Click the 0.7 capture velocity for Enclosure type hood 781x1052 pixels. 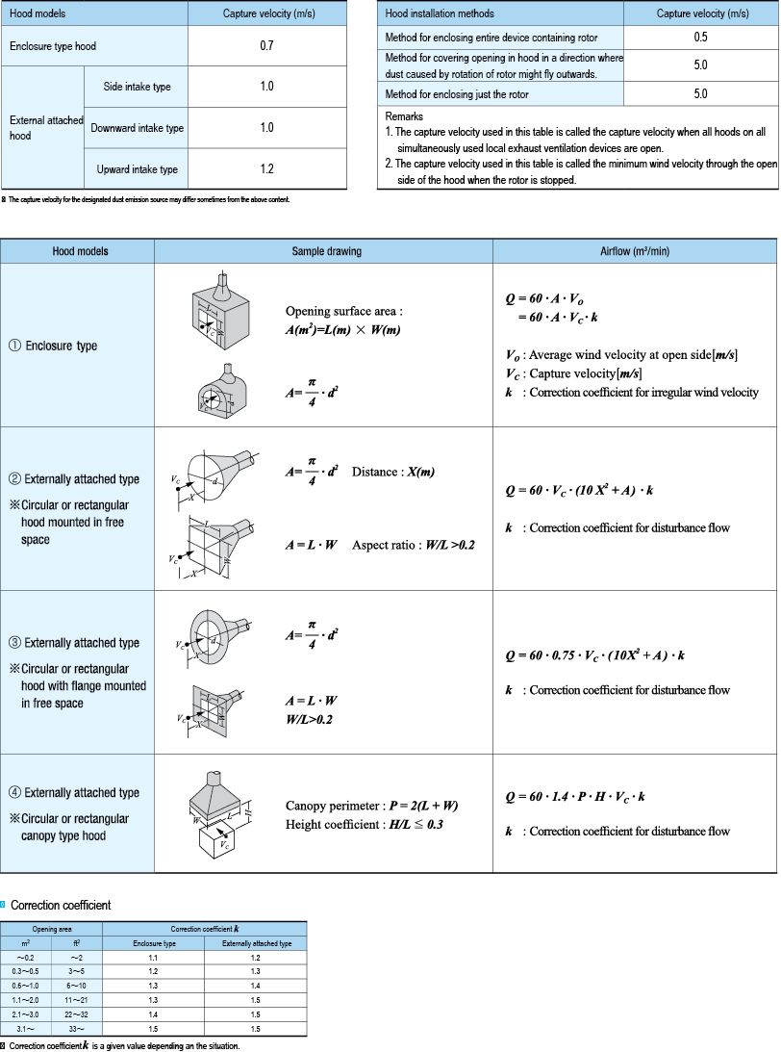pos(266,45)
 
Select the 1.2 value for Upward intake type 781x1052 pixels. pos(266,169)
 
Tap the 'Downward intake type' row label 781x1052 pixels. pos(137,128)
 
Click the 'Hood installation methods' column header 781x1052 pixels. pos(440,13)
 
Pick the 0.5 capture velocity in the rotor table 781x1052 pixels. pos(700,38)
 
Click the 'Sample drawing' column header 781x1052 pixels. pos(327,251)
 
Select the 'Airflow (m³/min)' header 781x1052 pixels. pos(635,251)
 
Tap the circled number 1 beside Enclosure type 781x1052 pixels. pos(15,346)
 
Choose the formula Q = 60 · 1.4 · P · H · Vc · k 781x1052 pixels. pos(575,797)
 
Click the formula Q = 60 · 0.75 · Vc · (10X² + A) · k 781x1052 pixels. pos(595,655)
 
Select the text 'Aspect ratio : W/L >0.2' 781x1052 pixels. pos(414,545)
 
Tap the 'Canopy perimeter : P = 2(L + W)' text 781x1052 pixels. pos(369,806)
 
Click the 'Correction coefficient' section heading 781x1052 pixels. pos(60,906)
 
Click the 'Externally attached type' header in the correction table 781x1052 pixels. pos(256,944)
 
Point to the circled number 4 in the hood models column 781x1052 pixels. pos(15,793)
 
